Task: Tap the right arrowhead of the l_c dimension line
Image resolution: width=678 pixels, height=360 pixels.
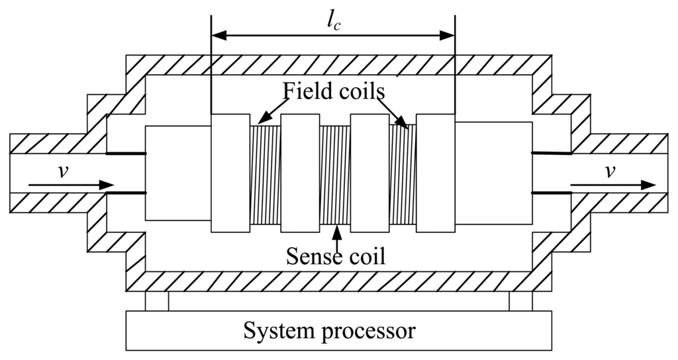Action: coord(448,33)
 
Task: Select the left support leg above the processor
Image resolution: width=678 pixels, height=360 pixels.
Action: coord(157,301)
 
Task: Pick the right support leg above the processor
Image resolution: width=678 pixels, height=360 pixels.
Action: coord(520,301)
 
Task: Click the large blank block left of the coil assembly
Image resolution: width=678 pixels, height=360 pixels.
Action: coord(177,173)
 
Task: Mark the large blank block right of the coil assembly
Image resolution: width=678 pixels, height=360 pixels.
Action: coord(493,173)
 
